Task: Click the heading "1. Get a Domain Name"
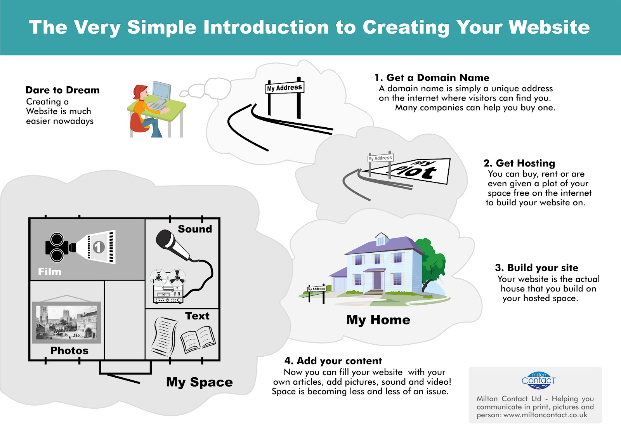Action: [432, 78]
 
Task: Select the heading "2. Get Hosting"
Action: [519, 163]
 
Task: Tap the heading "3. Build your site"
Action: [536, 268]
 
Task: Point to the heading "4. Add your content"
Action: [333, 361]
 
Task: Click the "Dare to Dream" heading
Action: [62, 90]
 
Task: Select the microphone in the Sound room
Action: [172, 244]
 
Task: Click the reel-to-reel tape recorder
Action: [168, 286]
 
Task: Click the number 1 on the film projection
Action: [99, 247]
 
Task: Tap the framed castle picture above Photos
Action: [66, 322]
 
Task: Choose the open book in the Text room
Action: [198, 339]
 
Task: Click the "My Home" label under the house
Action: [378, 320]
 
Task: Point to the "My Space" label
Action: [199, 382]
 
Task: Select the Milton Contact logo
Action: [539, 380]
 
